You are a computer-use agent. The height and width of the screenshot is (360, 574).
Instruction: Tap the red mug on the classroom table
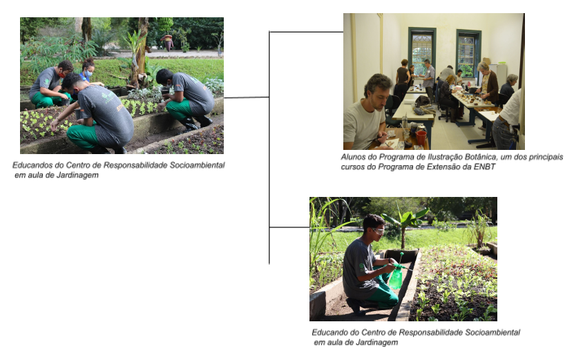[x=421, y=138]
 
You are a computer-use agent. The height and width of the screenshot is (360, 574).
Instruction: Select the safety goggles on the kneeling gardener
[x=378, y=231]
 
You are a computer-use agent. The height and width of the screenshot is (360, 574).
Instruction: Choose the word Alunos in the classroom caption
[x=354, y=157]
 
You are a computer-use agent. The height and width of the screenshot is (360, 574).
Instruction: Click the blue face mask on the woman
[x=88, y=73]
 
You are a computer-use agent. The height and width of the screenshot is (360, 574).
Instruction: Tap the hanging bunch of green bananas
[x=166, y=25]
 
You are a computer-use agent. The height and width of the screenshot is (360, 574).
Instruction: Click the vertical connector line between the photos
[x=269, y=148]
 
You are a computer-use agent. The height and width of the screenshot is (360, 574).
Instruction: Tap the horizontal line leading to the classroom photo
[x=307, y=32]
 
